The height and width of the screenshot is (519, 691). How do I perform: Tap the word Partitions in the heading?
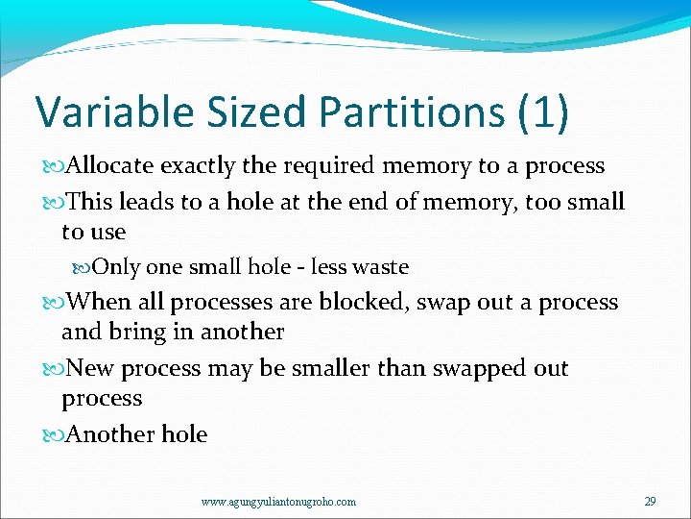coord(412,111)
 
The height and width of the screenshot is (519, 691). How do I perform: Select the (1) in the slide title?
coord(542,111)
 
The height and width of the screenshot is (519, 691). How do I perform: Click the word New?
coord(90,368)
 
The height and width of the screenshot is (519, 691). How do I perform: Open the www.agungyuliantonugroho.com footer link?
coord(278,501)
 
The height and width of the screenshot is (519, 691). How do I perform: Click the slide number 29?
coord(650,500)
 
